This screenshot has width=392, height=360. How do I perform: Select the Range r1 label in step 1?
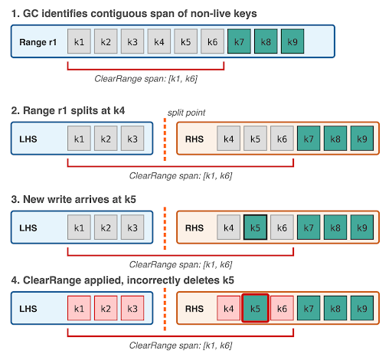point(38,41)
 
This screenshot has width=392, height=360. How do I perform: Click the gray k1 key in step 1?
point(79,41)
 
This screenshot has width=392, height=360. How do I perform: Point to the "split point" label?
point(186,112)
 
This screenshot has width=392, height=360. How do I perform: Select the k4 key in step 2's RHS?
point(228,139)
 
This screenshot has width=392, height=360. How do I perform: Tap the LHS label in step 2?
point(29,139)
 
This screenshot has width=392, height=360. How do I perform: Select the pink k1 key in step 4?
point(79,309)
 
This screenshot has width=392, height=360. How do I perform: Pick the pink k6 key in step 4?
point(282,309)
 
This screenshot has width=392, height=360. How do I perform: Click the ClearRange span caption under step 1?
point(145,78)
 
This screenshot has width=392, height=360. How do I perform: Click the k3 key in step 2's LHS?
point(132,139)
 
